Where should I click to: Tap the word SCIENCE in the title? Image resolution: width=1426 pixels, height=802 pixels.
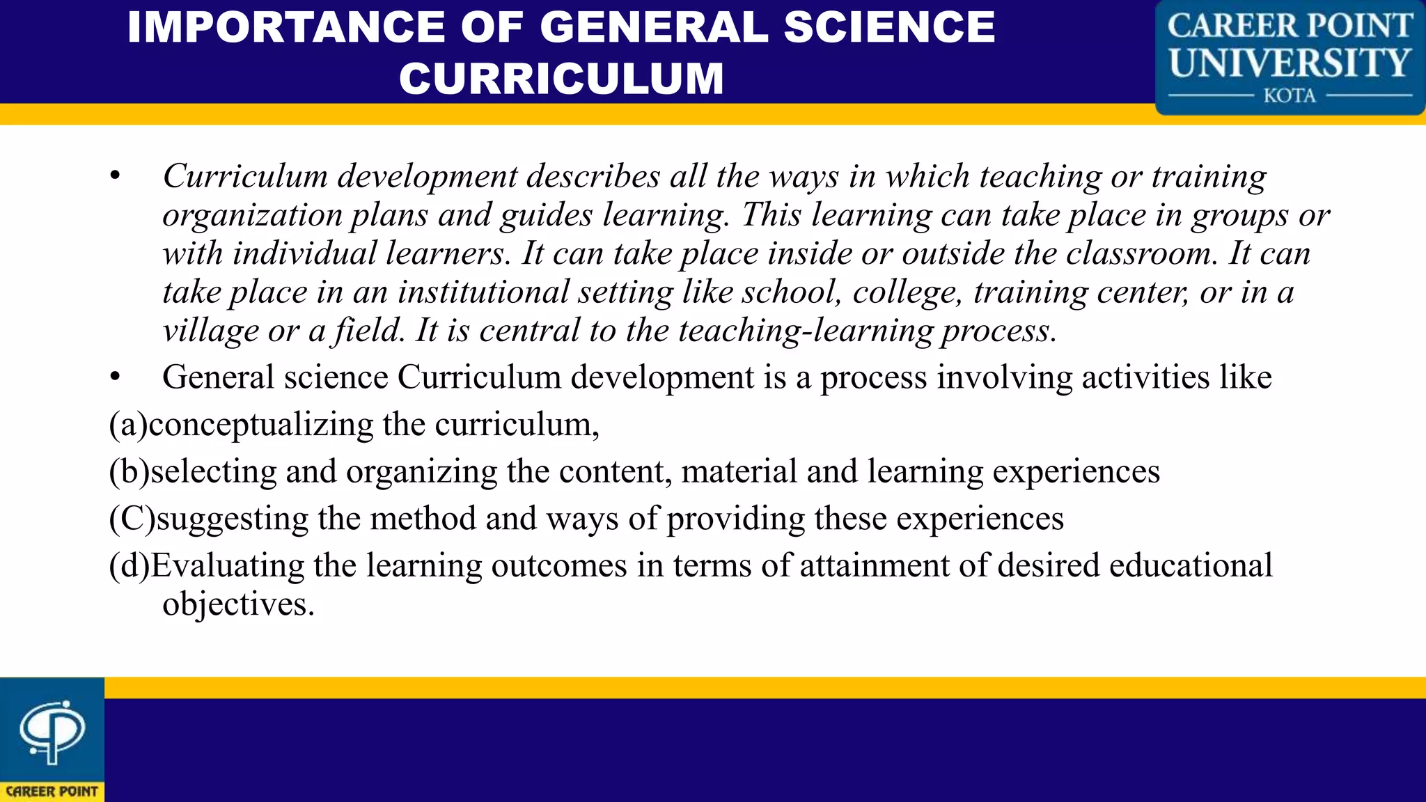pos(889,28)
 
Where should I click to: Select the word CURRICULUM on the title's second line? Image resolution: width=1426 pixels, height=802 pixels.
pos(561,78)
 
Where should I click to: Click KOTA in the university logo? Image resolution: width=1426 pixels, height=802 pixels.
pos(1290,95)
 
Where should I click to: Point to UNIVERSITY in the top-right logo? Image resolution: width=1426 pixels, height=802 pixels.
pos(1290,63)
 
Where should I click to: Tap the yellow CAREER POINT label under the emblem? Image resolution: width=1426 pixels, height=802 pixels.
pos(52,792)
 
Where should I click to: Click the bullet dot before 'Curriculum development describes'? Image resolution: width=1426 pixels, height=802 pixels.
pos(115,176)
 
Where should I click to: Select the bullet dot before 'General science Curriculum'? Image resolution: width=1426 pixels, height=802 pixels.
pos(115,377)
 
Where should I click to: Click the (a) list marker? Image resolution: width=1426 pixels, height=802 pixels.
pos(128,425)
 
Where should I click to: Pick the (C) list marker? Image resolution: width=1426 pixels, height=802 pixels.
pos(132,519)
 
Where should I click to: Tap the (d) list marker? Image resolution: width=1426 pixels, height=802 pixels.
pos(130,565)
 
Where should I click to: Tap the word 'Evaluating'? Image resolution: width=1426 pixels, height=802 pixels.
pos(228,565)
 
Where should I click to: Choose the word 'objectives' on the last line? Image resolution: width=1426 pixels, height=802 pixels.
pos(234,604)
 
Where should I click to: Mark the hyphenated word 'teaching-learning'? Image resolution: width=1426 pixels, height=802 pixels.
pos(805,331)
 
